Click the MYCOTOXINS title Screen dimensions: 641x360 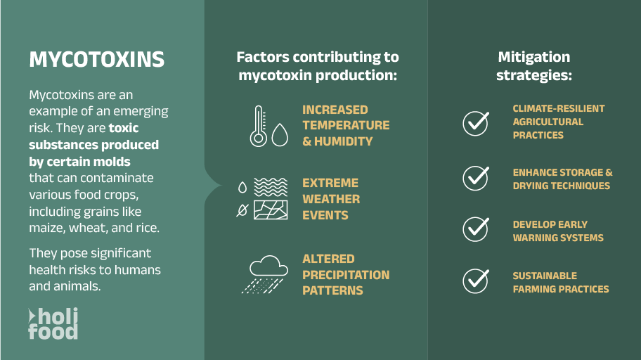96,60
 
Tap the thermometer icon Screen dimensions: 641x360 259,127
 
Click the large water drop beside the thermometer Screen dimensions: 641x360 280,134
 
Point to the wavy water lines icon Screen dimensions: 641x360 271,187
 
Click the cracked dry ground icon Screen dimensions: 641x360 271,210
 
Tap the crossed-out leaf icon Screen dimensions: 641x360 242,210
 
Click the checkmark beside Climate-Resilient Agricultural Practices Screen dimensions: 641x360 476,123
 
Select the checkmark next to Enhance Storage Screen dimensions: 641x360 476,178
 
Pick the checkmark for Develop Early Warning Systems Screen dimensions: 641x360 476,229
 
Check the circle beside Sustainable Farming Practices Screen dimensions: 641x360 476,281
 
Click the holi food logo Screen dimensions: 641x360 53,323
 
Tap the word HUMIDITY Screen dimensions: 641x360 344,141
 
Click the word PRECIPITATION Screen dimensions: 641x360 346,275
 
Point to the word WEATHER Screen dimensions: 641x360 331,199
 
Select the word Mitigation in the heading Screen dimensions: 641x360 534,57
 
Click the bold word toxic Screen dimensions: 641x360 124,128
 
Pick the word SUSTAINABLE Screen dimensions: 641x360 545,276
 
